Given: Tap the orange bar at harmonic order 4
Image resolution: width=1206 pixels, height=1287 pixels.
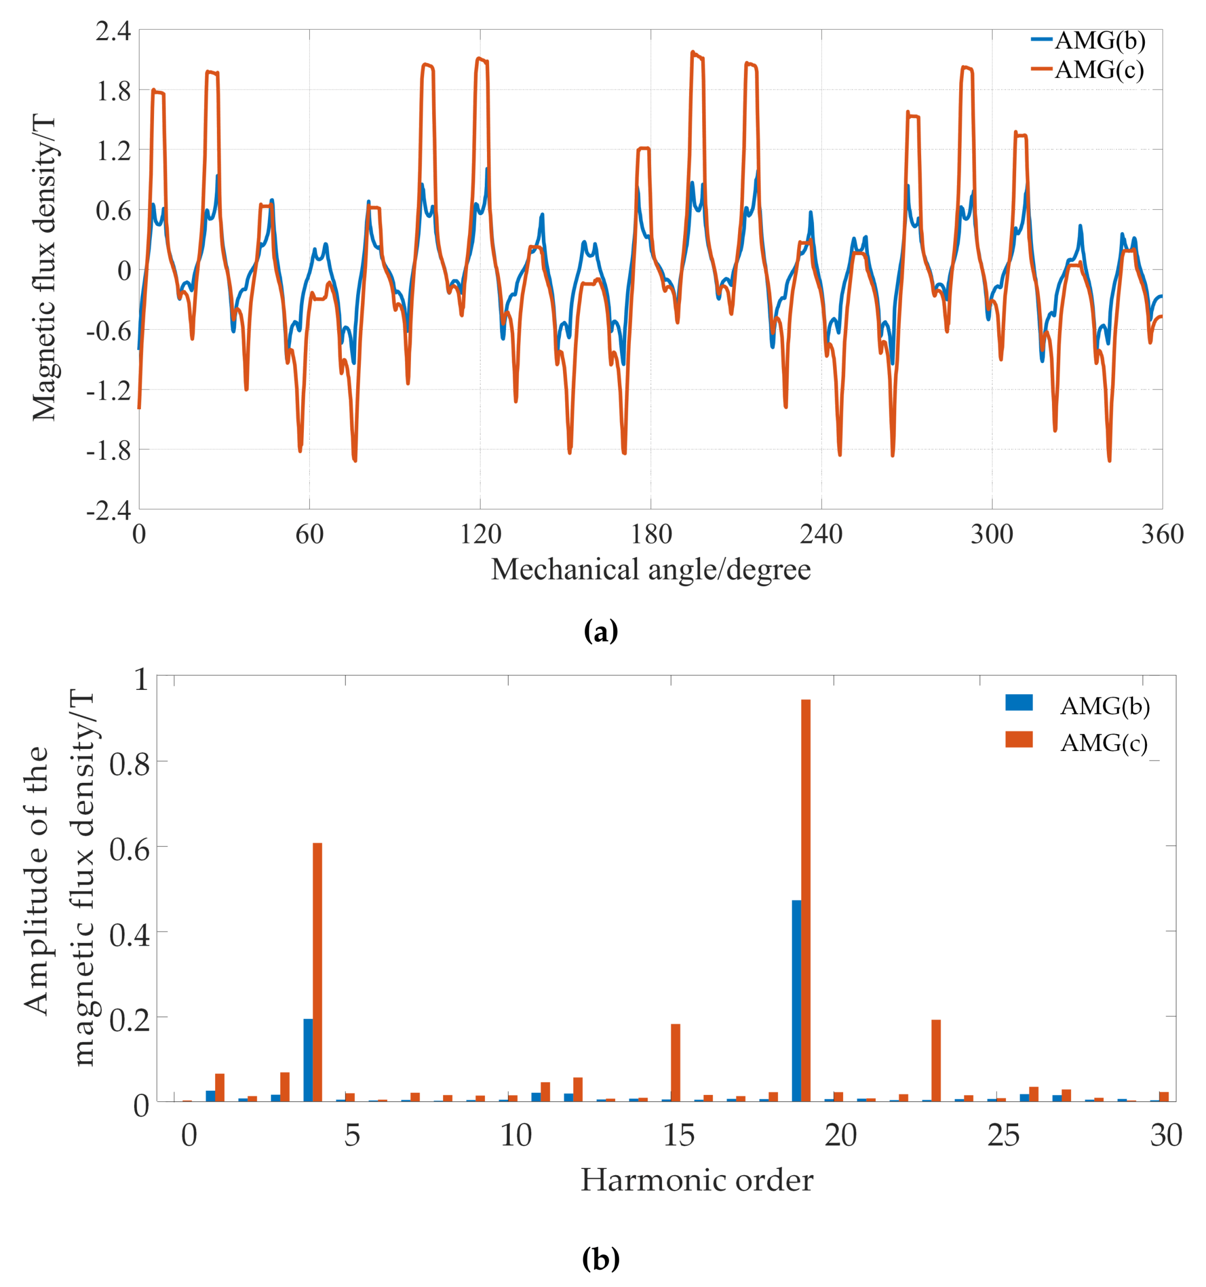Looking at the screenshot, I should [317, 971].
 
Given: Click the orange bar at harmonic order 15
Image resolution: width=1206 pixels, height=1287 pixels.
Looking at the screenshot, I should [675, 1062].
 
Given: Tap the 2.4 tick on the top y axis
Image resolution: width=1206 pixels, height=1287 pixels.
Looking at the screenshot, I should [113, 31].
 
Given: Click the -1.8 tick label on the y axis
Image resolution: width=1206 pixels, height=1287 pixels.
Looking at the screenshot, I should [109, 450].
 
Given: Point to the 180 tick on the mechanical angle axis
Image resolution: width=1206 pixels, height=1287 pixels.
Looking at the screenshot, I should [651, 535].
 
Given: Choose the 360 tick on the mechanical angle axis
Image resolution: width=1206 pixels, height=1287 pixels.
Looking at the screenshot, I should [1162, 535].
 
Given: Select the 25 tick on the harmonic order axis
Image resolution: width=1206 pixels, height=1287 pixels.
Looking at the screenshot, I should [1003, 1136].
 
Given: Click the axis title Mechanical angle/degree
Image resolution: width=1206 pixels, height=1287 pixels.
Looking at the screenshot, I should [650, 570].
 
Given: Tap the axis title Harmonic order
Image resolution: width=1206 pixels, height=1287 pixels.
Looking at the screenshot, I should [696, 1180].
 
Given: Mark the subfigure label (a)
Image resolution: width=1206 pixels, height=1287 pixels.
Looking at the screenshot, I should [601, 630].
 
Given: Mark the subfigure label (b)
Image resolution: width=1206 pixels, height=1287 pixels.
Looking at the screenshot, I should [601, 1259].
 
